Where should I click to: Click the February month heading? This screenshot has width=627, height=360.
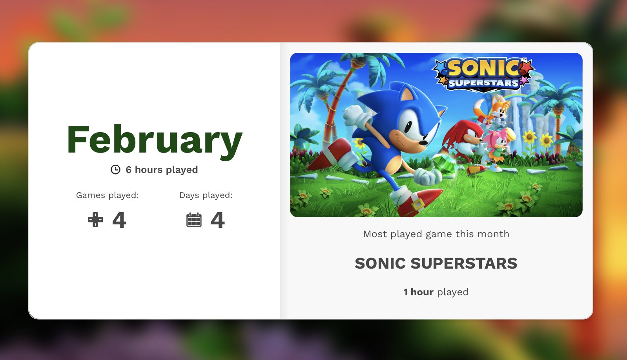(x=155, y=141)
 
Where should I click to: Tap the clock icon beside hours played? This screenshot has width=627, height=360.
(x=115, y=169)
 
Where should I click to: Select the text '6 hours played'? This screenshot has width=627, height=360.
(x=162, y=170)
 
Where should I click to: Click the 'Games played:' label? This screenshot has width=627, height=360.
(x=108, y=195)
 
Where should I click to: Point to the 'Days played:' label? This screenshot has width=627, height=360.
(x=206, y=195)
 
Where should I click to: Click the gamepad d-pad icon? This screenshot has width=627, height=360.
(x=95, y=220)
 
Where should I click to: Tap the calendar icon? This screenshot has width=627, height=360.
(x=194, y=220)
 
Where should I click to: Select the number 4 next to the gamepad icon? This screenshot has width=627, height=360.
(x=119, y=220)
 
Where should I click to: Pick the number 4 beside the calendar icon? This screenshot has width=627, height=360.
(x=218, y=220)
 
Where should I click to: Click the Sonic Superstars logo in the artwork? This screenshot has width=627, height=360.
(x=484, y=75)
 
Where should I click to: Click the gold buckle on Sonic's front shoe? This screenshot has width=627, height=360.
(x=417, y=205)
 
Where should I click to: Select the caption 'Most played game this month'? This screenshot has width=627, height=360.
(x=436, y=234)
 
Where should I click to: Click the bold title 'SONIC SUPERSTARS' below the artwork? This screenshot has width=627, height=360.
(x=436, y=264)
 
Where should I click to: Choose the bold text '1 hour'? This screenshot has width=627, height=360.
(x=418, y=292)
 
